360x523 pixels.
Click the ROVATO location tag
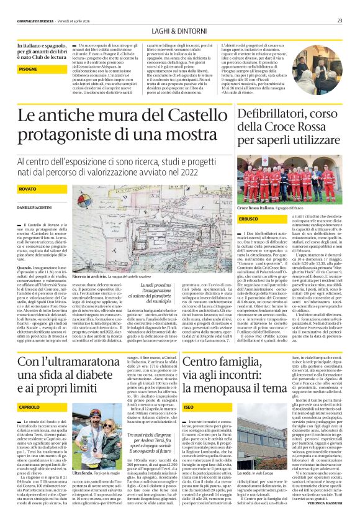pyautogui.click(x=27, y=187)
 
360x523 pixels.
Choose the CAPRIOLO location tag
pyautogui.click(x=29, y=388)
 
